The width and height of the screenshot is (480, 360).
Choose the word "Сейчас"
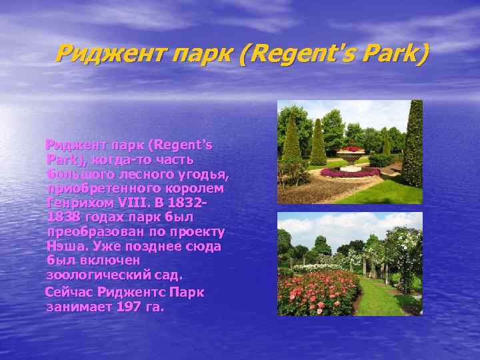(68, 292)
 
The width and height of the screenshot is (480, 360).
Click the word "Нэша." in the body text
(64, 246)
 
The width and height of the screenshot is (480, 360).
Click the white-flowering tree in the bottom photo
(403, 250)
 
